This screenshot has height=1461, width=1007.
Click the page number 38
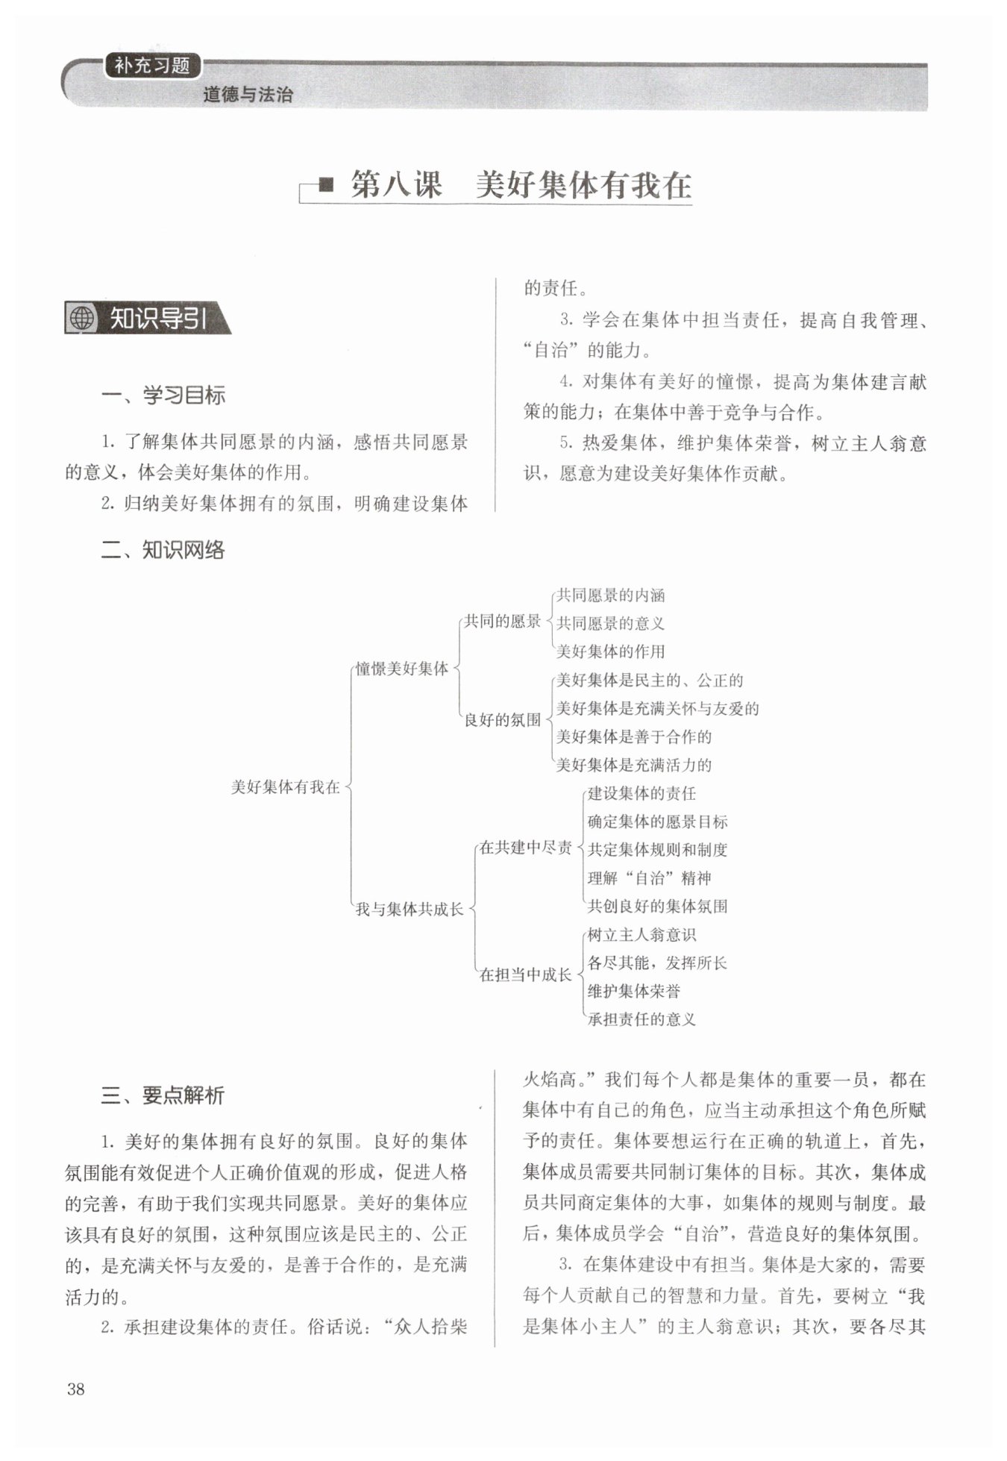click(75, 1389)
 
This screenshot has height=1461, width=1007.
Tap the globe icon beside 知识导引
click(82, 319)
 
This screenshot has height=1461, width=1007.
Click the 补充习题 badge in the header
click(152, 66)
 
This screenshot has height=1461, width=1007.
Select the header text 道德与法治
click(248, 95)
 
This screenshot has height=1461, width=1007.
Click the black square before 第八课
click(326, 184)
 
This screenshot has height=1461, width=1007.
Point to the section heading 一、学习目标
click(163, 395)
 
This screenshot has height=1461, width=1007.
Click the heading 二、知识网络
click(163, 551)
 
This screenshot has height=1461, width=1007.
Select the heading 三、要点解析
click(163, 1095)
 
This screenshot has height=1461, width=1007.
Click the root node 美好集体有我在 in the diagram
click(286, 786)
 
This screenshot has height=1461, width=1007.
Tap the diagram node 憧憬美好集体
click(402, 669)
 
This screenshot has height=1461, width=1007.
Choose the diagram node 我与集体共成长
click(410, 909)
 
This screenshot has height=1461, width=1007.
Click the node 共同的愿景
click(502, 621)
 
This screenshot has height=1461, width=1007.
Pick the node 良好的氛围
click(502, 720)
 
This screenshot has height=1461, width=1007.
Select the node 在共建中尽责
click(525, 848)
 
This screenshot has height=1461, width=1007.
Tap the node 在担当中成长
click(525, 974)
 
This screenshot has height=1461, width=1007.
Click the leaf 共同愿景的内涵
click(610, 595)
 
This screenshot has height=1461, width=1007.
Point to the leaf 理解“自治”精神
click(649, 878)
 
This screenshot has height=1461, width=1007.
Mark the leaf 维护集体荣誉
click(633, 991)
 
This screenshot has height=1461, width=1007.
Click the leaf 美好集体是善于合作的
click(633, 737)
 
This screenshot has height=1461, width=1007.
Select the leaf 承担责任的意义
click(641, 1019)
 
